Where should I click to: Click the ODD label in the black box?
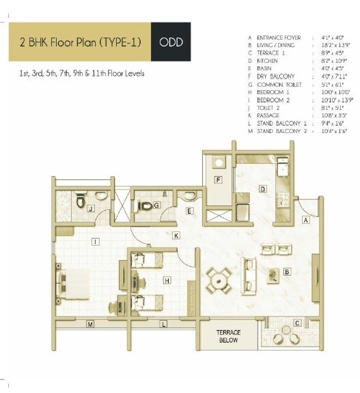coord(170,42)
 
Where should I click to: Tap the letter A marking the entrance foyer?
coord(306,220)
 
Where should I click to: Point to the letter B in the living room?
coord(288,271)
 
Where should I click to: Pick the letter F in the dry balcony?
coord(218,180)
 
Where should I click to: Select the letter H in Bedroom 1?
coord(167,280)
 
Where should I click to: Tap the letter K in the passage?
coord(176,235)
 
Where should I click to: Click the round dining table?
coord(219,278)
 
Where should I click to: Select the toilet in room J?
coord(101,196)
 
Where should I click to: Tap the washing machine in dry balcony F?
coord(219,163)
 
